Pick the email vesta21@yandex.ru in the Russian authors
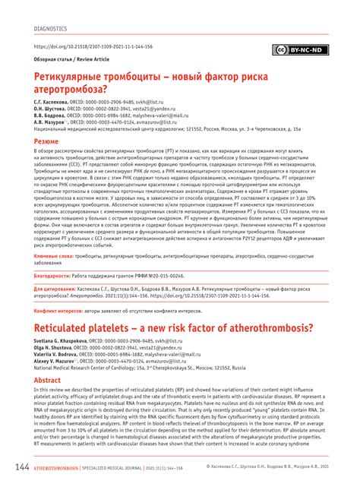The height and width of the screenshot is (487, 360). [x=162, y=108]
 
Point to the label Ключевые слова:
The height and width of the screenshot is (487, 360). [x=53, y=258]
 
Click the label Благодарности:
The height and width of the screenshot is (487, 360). [x=55, y=276]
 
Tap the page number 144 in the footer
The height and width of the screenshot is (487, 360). [x=20, y=466]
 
